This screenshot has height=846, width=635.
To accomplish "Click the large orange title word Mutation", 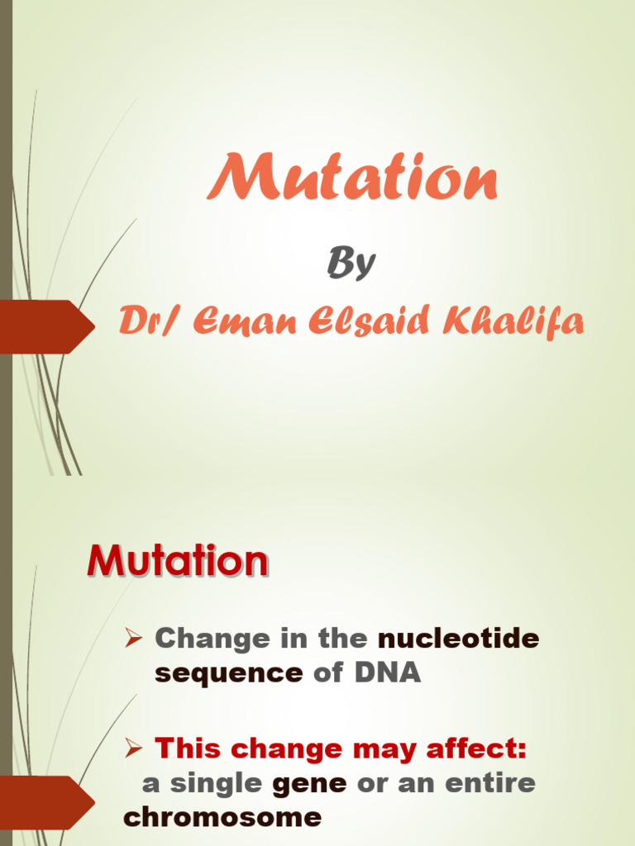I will click(352, 178).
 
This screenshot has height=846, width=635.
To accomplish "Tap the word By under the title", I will click(351, 264).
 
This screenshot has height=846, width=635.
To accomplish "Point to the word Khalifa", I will click(513, 321).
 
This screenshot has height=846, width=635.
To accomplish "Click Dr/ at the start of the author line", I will click(149, 321).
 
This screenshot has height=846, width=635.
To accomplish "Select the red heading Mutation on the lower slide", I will click(178, 562).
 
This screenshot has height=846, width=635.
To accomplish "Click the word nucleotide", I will click(459, 638).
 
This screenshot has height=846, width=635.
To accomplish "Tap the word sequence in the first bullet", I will click(229, 673).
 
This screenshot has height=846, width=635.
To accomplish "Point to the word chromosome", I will click(222, 817).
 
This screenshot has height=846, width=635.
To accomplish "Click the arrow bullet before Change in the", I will click(135, 638).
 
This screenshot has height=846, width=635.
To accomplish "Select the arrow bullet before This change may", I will click(135, 749).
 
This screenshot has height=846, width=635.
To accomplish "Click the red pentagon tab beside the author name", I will click(45, 326).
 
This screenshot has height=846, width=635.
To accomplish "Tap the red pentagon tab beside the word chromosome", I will click(45, 801).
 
